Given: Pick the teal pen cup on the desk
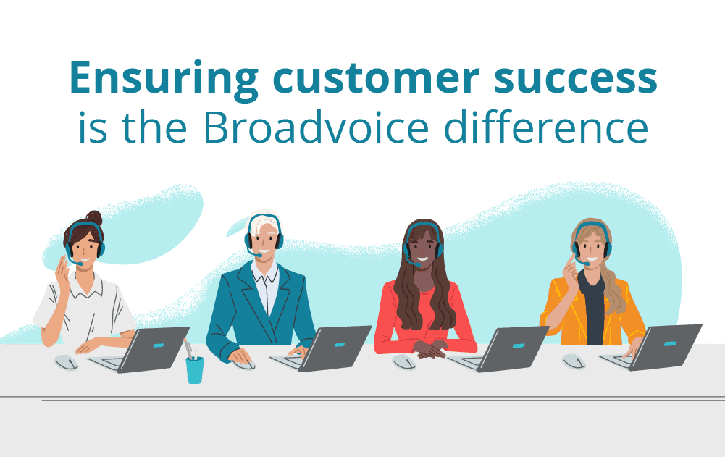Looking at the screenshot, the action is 195,369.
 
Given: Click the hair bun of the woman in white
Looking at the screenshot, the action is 95,217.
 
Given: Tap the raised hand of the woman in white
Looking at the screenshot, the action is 62,272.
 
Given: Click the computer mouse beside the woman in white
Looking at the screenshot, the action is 67,362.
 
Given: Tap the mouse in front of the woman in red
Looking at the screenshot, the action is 404,362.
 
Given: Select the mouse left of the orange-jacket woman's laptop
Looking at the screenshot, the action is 574,361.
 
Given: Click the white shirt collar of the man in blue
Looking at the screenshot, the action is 265,272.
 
